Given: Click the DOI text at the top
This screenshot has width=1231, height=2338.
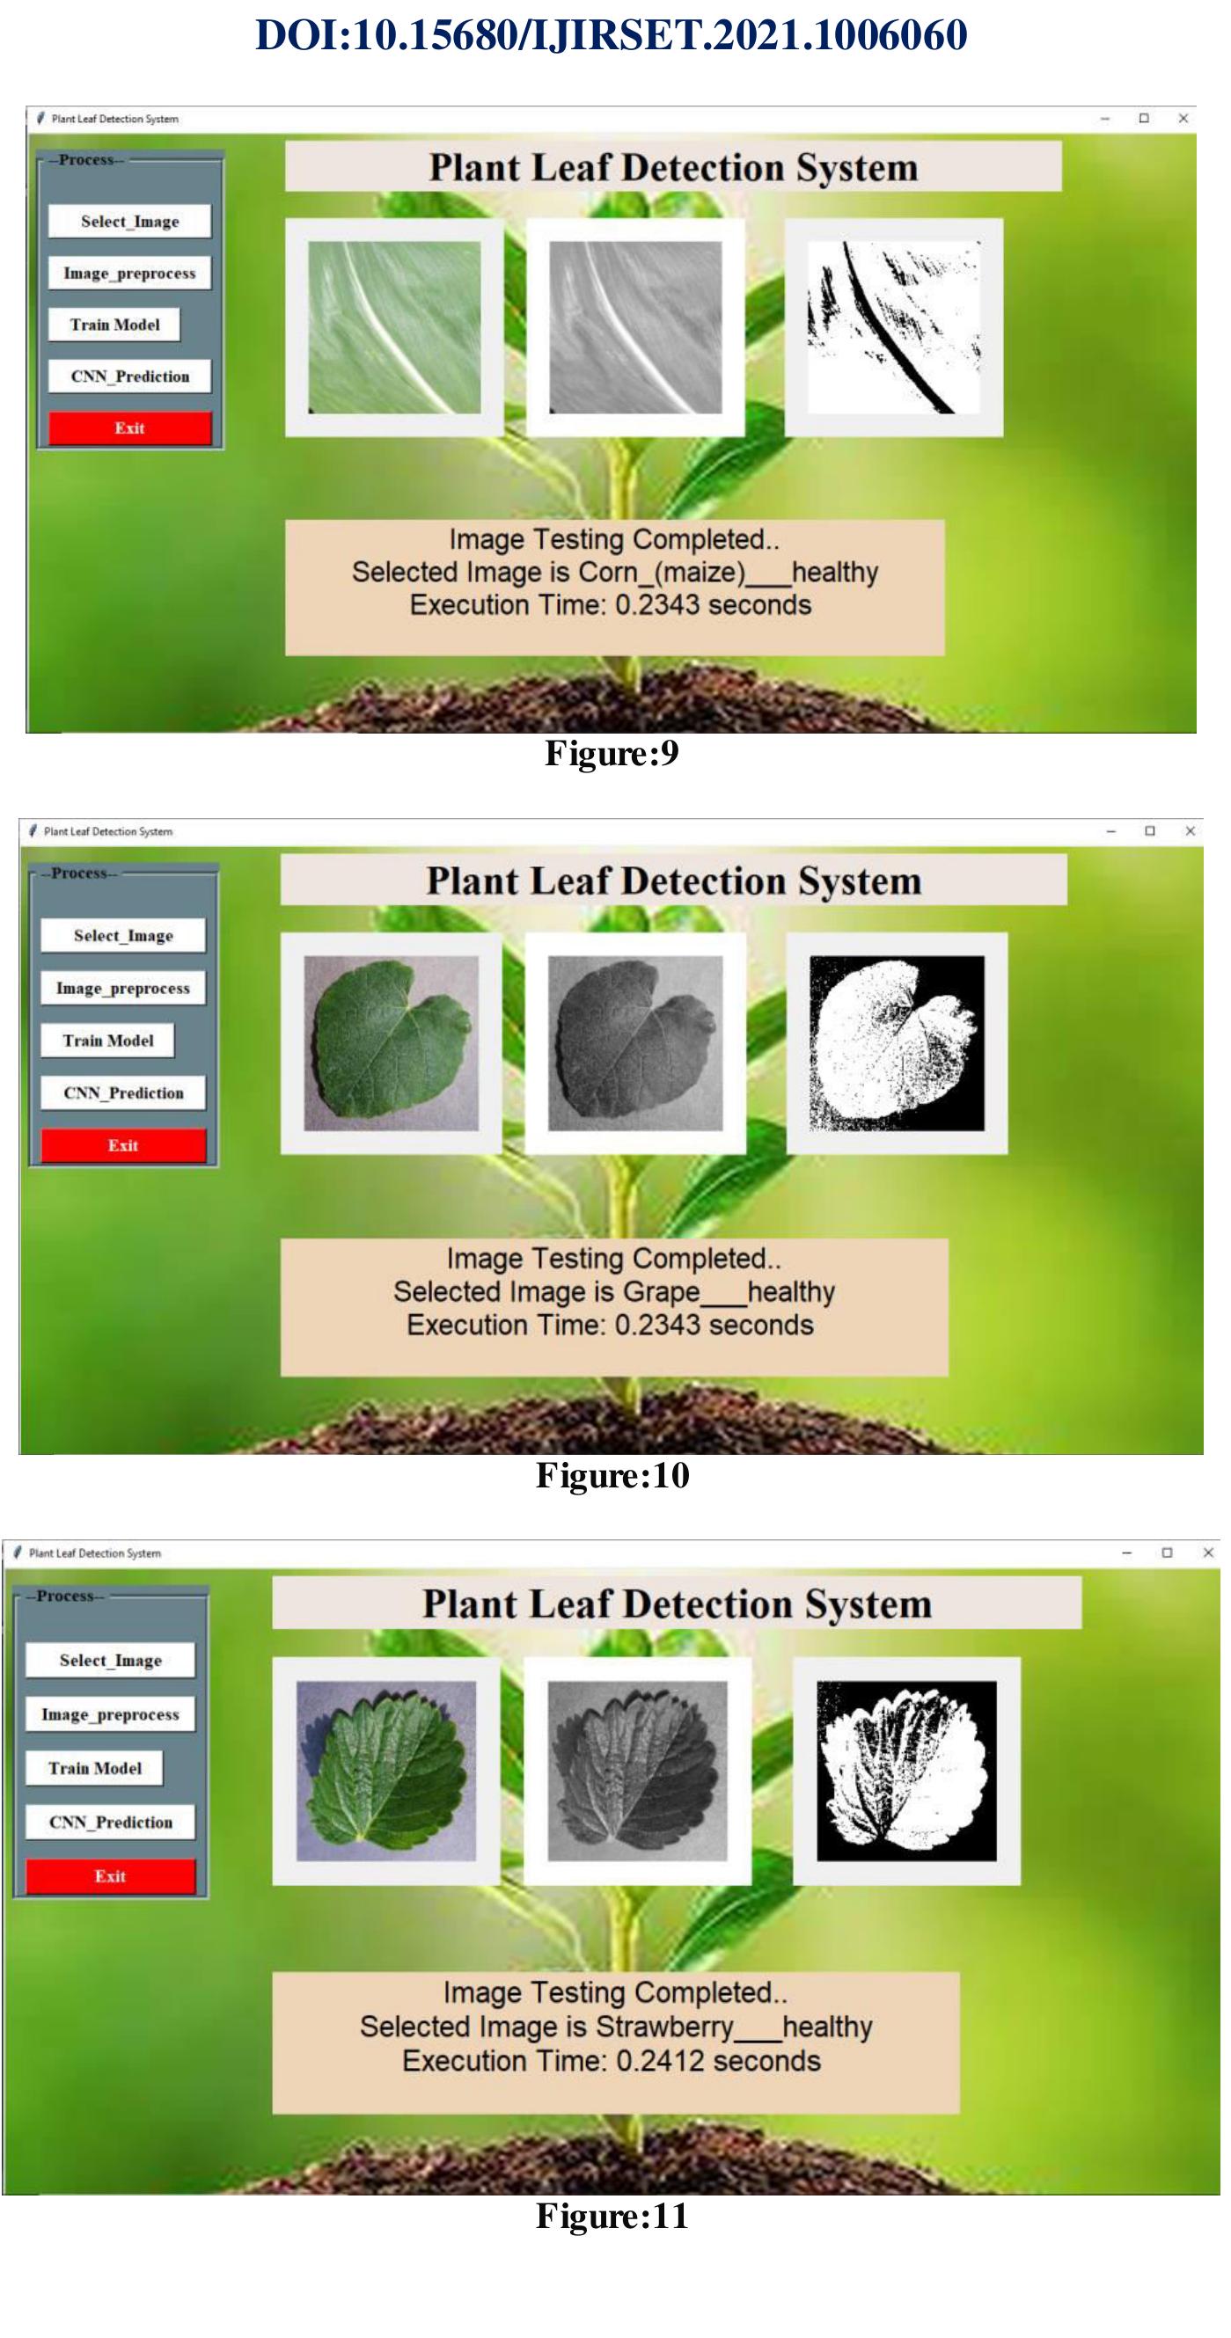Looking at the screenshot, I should coord(611,34).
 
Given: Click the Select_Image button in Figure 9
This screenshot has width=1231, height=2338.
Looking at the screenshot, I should coord(130,222).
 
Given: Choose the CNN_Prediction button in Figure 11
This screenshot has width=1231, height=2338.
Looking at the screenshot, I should coord(111,1822).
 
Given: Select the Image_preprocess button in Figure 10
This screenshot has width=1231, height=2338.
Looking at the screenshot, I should coord(123,989).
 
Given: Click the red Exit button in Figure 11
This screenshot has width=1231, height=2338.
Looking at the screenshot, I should coord(111,1875).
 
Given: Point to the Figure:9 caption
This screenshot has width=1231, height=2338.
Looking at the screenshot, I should coord(612,753).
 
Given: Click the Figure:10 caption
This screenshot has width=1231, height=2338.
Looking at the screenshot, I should coord(612,1475).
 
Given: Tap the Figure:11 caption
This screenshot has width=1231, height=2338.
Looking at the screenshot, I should coord(612,2216).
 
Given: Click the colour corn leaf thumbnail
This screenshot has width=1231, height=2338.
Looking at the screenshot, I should coord(395,326).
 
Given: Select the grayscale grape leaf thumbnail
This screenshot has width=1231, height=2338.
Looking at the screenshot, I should coord(635,1043).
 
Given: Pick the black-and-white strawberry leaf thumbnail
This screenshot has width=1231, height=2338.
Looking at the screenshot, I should coord(906,1771).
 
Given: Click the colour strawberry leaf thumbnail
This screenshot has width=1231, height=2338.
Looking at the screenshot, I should coord(385,1771).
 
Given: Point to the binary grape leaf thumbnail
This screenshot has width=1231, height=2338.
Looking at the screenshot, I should coord(897,1043).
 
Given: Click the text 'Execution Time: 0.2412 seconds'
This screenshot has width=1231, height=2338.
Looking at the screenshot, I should coord(611,2060).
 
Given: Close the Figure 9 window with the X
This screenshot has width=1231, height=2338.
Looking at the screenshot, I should coord(1183,118).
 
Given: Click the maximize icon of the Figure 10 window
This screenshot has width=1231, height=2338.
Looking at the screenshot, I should coord(1150,830).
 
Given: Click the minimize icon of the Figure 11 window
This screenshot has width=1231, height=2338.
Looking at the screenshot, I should coord(1126,1553).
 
